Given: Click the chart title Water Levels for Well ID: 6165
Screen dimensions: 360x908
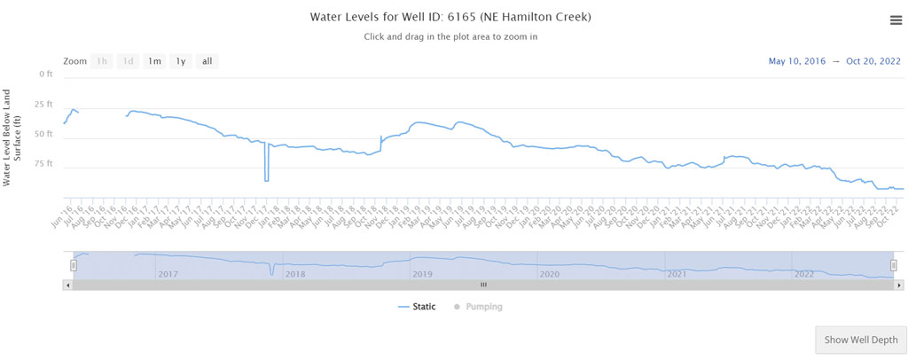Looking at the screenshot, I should point(450,17).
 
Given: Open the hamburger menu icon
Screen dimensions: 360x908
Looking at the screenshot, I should point(896,21).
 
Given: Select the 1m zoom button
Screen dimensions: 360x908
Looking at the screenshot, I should point(154,61).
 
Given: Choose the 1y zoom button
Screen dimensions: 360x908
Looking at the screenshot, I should point(181,61).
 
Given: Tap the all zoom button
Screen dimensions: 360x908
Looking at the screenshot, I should point(207,61).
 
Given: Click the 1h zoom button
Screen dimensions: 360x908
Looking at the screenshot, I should point(102,61).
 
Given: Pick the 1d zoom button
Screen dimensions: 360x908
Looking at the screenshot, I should point(129,61).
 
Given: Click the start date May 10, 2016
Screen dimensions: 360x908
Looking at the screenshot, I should point(796,61).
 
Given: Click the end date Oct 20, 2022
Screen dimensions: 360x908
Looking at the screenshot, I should point(873,61).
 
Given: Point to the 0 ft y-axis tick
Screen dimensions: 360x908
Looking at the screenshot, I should point(45,74).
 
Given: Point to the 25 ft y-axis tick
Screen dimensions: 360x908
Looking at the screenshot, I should point(43,104).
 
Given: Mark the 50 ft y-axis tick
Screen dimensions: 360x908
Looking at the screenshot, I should point(43,134).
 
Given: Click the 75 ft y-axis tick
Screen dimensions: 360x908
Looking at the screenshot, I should point(43,164).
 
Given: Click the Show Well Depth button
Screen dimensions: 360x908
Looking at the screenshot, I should point(860,340).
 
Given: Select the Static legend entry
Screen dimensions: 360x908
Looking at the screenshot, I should point(417,307).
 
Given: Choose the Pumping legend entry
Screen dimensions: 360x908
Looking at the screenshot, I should point(483,307).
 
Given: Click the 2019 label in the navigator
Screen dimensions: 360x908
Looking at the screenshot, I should point(422,274).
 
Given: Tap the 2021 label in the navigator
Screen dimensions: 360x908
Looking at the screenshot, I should point(677,274).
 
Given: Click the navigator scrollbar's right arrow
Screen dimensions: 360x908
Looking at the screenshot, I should point(899,285).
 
